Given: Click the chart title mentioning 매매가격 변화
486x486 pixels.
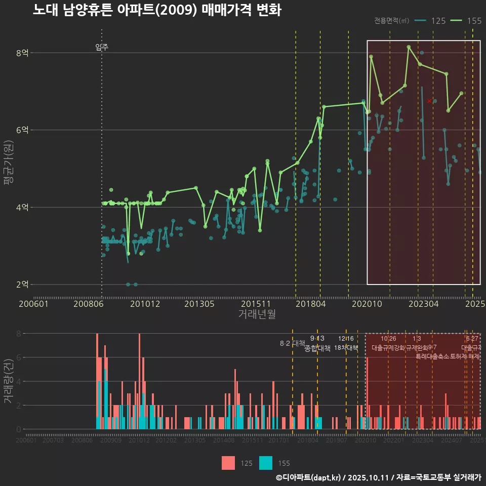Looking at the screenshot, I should (x=157, y=10).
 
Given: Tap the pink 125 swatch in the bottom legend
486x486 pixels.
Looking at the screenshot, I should (x=228, y=463).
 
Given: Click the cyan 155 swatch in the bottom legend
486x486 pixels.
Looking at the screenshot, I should (x=266, y=463).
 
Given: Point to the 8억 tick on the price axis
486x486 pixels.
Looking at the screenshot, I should (x=22, y=53).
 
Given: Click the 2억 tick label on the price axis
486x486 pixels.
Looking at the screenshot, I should (x=22, y=285).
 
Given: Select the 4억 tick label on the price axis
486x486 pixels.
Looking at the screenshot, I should (x=22, y=207).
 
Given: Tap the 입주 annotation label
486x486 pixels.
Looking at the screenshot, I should (x=102, y=48).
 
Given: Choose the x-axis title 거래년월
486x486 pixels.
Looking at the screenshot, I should (x=257, y=314).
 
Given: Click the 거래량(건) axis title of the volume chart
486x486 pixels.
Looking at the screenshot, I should (x=8, y=381).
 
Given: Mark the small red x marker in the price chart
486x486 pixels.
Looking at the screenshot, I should (x=429, y=101).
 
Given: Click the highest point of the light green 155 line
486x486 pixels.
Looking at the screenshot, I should (x=409, y=47).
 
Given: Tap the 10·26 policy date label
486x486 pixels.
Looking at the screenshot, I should (x=388, y=339).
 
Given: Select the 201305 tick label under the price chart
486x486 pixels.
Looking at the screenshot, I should (x=199, y=304).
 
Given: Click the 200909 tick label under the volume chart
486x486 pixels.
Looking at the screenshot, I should (x=110, y=440).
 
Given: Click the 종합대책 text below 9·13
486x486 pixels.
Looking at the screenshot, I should (x=317, y=348).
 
